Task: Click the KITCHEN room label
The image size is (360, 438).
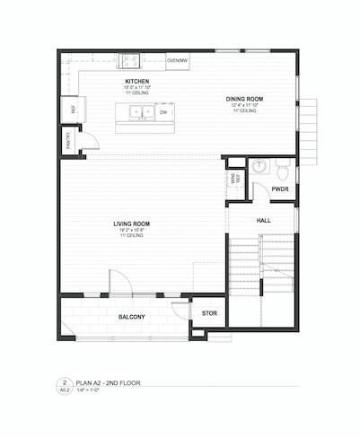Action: (x=136, y=82)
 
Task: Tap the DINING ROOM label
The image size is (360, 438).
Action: (x=243, y=99)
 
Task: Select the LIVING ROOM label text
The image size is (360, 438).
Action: (x=131, y=223)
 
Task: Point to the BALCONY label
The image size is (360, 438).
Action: (x=132, y=317)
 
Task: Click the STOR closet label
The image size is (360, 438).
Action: (x=209, y=313)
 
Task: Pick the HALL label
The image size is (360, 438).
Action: (x=263, y=220)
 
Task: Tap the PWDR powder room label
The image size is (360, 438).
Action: (x=279, y=190)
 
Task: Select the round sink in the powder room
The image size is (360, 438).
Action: (x=259, y=165)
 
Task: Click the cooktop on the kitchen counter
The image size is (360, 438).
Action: (x=130, y=62)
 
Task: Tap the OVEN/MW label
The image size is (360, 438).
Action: (x=178, y=60)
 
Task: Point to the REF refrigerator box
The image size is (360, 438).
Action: (x=68, y=109)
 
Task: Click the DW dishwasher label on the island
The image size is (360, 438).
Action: (x=163, y=113)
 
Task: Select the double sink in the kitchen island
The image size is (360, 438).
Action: (x=142, y=113)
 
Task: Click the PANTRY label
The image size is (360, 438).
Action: (x=67, y=140)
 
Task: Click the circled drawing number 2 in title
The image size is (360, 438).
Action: (x=66, y=382)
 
